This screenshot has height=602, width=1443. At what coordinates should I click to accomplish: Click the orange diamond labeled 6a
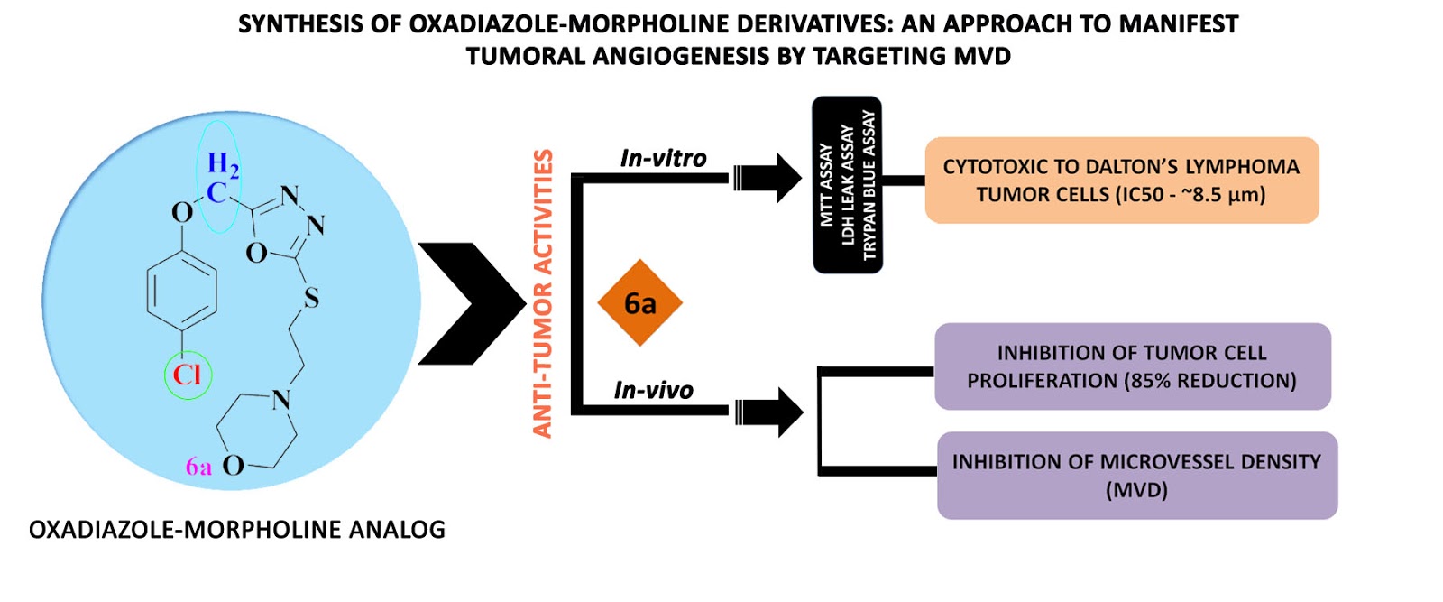pos(639,303)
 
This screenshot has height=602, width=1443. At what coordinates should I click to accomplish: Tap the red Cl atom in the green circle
pos(188,375)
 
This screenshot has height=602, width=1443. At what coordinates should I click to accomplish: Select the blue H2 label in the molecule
pos(222,164)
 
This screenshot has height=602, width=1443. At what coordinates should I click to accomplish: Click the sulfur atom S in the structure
pos(311,298)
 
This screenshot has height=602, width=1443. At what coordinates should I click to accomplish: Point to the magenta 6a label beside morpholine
pos(198,467)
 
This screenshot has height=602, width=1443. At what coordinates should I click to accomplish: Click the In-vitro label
pos(663,159)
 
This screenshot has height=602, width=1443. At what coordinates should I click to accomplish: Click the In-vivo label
pos(653,391)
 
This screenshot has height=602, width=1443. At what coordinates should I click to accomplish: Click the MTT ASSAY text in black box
pos(826,185)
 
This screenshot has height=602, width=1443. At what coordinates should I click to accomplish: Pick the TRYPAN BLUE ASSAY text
pos(869,185)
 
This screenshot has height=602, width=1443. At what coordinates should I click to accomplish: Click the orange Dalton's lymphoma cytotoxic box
pos(1121,181)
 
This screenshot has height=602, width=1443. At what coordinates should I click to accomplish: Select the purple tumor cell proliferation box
pos(1132,366)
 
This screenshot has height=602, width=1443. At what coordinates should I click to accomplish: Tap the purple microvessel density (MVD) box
pos(1136,476)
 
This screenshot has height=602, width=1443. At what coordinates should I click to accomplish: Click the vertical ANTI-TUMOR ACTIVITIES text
pos(542,293)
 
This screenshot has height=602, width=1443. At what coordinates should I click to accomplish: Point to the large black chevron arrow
pos(469,303)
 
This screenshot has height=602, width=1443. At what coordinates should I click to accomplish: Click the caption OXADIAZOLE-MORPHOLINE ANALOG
pos(237,530)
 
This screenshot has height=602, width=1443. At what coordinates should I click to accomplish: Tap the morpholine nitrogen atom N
pos(281,399)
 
